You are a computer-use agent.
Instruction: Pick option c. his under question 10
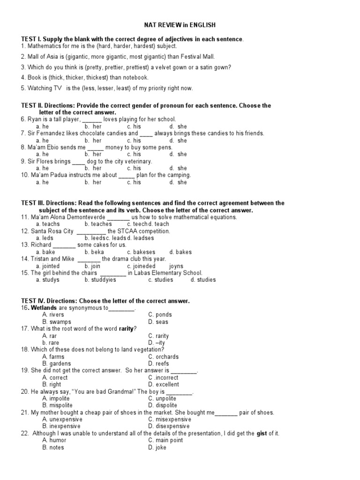[134, 182]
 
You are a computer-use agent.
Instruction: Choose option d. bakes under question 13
[180, 252]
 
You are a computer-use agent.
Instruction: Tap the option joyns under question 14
[176, 266]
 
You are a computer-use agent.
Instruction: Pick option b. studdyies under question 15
[100, 280]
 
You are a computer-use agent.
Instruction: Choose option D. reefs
[158, 363]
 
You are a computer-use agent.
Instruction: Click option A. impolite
[56, 398]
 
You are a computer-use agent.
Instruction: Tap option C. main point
[164, 440]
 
